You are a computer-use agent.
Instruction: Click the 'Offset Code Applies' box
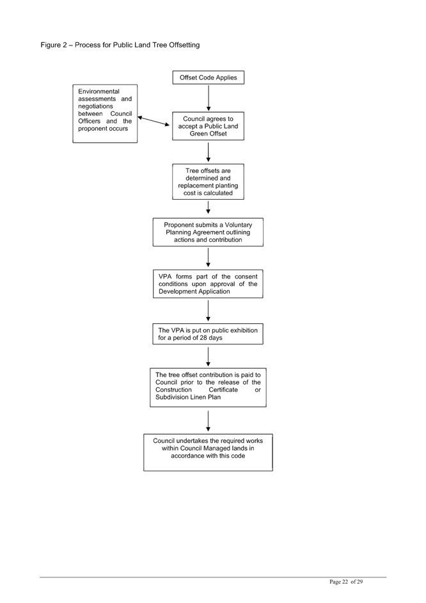tap(208, 77)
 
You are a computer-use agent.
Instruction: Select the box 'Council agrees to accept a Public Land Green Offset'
tap(208, 126)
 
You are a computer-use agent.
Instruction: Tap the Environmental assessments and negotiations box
tap(105, 114)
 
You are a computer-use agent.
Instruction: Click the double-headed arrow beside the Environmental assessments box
tap(154, 121)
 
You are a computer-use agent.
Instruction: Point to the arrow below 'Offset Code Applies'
tap(208, 98)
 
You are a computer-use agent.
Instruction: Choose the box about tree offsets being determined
tap(208, 182)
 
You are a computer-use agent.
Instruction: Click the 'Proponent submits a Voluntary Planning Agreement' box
tap(208, 232)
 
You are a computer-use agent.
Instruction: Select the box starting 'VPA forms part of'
tap(208, 284)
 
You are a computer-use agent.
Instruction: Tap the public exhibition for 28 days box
tap(208, 334)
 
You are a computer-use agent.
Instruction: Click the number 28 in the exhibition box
tap(203, 337)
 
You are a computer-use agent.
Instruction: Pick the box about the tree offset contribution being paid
tap(208, 388)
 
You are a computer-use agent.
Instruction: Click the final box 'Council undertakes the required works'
tap(208, 453)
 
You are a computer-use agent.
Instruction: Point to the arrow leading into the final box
tap(208, 421)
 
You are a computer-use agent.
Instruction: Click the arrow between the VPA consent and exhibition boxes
tap(208, 310)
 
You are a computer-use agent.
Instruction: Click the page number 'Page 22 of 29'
tap(346, 582)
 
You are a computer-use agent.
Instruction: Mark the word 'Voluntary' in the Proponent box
tap(239, 225)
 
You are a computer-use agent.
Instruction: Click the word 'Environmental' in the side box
tap(99, 92)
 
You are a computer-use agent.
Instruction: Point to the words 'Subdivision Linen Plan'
tap(188, 398)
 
